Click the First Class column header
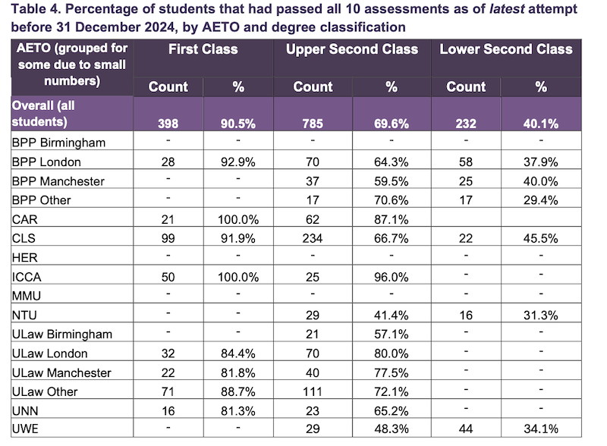coord(203,49)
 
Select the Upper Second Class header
coord(352,49)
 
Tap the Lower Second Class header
coord(506,49)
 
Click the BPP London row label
coord(46,162)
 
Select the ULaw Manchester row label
coord(61,372)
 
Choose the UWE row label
coord(26,430)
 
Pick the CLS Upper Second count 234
coord(313,237)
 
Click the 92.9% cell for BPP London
coord(238,162)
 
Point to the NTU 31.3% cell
coord(541,316)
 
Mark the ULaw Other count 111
coord(313,392)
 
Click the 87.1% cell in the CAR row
coord(392,219)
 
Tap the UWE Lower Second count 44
coord(466,430)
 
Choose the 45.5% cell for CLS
coord(541,237)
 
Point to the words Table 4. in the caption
coord(29,10)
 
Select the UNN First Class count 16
coord(168,411)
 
